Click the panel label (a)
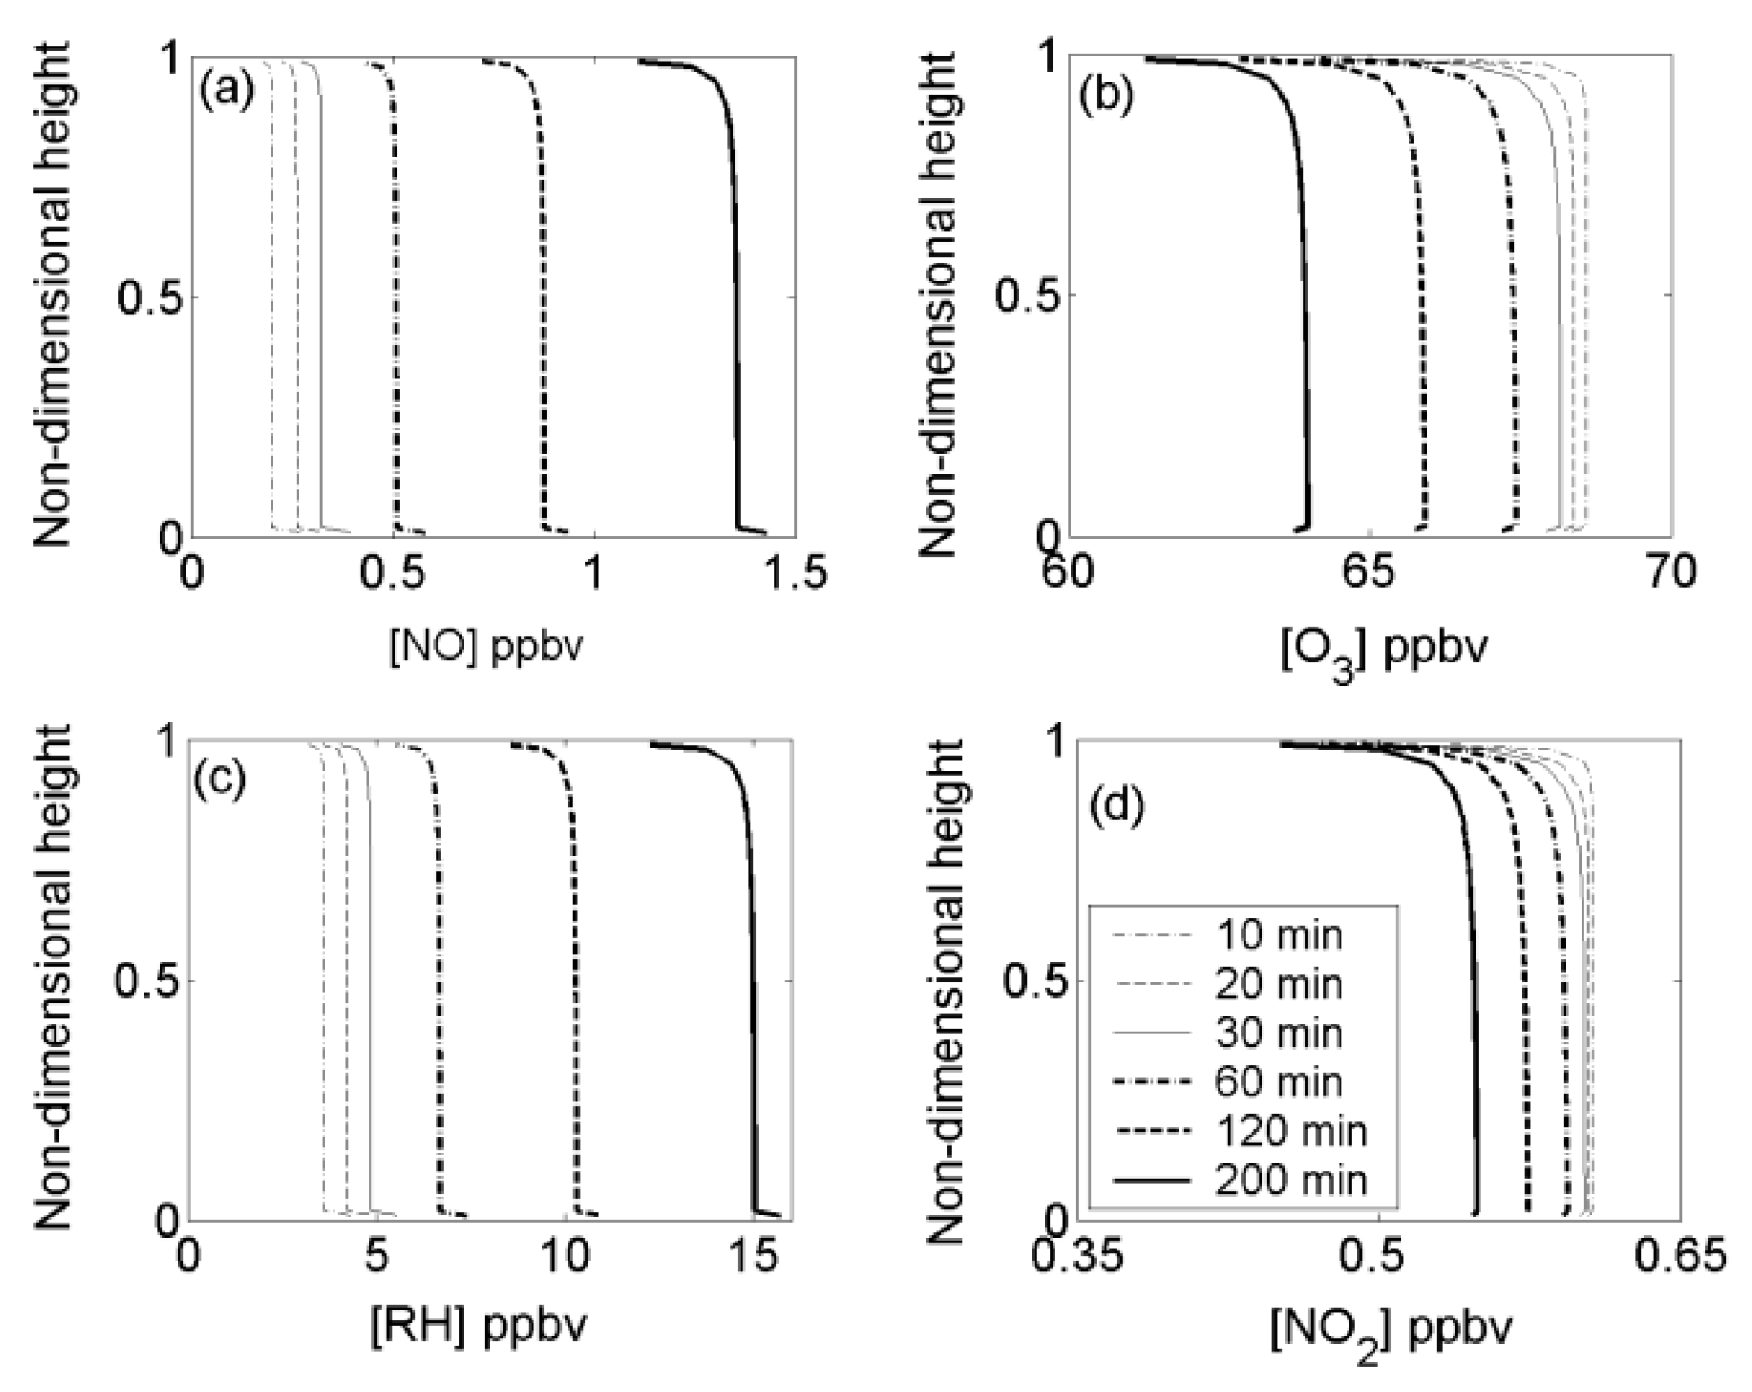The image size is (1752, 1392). pyautogui.click(x=227, y=92)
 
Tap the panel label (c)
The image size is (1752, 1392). pyautogui.click(x=219, y=777)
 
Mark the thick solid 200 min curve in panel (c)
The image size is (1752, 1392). pyautogui.click(x=752, y=986)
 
